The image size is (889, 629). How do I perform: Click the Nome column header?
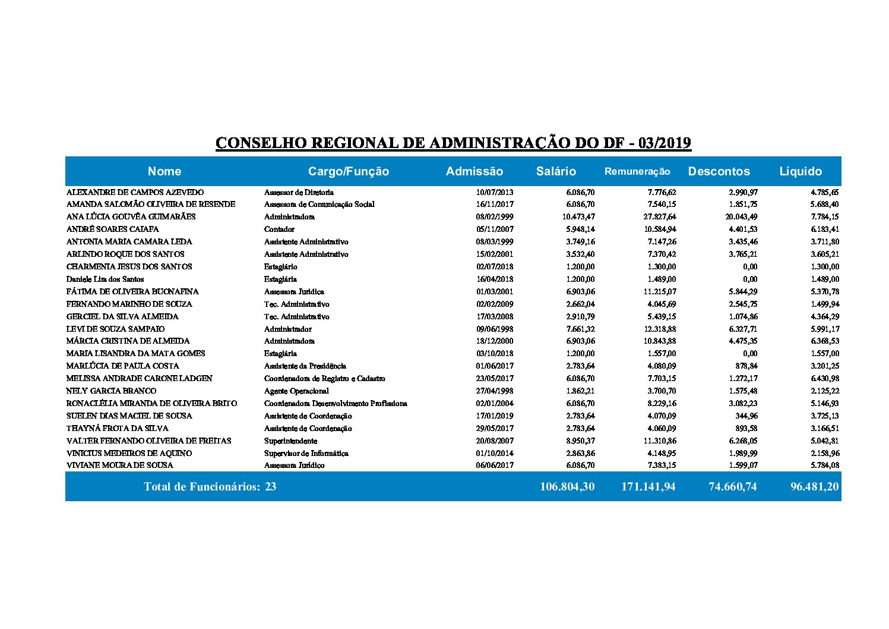(164, 171)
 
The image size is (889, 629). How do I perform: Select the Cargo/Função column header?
(349, 171)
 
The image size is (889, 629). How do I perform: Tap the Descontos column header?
(719, 171)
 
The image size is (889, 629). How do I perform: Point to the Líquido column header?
(801, 171)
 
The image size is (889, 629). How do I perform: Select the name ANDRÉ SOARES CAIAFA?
(113, 229)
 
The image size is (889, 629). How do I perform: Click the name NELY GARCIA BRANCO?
(112, 391)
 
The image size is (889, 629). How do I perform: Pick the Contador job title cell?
(279, 229)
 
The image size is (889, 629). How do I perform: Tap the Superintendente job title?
(290, 441)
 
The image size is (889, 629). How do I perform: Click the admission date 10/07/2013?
(495, 192)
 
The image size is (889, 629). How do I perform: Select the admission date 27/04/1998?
(495, 391)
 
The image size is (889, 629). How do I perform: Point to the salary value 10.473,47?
(578, 216)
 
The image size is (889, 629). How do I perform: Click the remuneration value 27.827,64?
(656, 216)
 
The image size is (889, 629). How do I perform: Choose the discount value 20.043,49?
(737, 216)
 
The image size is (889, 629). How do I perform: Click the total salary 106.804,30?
(567, 486)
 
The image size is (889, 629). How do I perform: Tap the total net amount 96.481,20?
(814, 486)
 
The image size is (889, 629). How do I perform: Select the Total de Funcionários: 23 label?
(210, 486)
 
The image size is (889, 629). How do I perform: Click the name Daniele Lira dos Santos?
(105, 279)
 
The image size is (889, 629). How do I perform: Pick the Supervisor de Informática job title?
(306, 453)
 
